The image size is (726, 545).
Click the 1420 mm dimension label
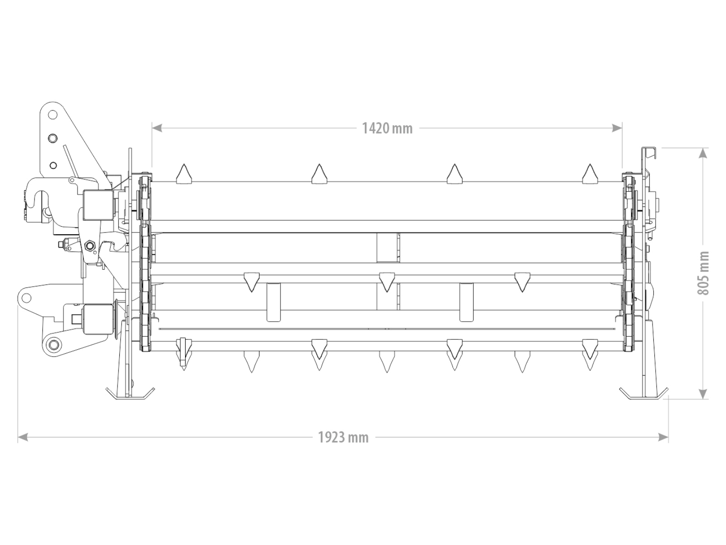pos(388,129)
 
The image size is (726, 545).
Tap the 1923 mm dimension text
pos(343,437)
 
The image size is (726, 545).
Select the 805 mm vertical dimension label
pos(703,273)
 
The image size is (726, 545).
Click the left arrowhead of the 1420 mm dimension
pos(157,128)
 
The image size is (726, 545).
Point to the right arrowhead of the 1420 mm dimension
pos(617,128)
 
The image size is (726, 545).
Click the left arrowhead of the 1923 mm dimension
pos(23,437)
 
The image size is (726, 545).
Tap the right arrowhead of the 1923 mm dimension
pos(663,437)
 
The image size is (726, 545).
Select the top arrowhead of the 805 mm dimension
pos(703,153)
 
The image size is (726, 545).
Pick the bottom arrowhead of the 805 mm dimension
pos(703,394)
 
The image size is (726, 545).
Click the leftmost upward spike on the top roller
pos(184,174)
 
